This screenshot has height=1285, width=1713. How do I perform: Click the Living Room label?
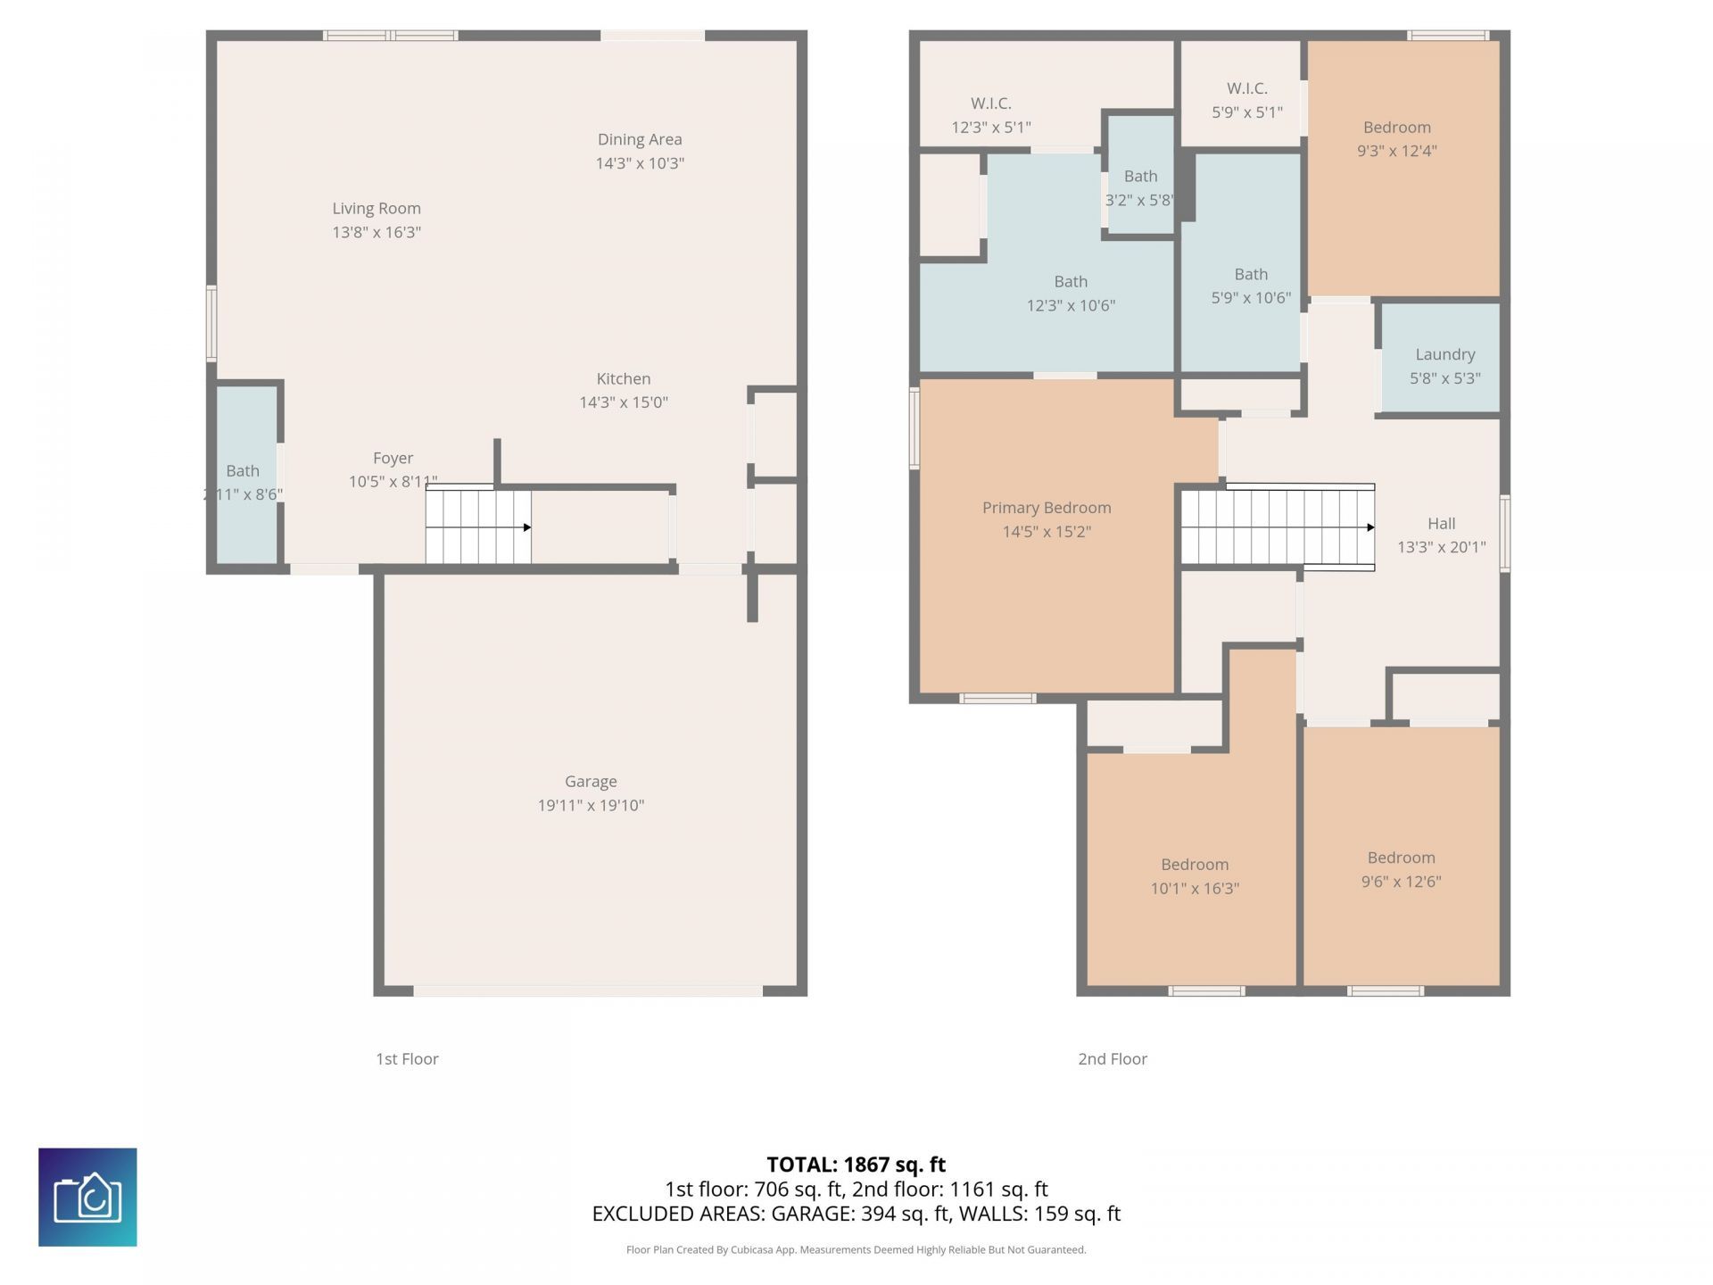tap(376, 208)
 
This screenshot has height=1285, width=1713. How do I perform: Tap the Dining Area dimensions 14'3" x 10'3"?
tap(640, 163)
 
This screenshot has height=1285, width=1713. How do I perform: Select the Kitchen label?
tap(623, 378)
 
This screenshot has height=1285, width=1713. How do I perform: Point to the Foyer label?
tap(393, 458)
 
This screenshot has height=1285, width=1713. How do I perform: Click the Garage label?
tap(590, 781)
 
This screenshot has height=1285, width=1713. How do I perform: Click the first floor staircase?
tap(477, 526)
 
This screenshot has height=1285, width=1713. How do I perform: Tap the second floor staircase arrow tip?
tap(1370, 527)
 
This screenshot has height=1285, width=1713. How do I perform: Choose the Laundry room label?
tap(1444, 354)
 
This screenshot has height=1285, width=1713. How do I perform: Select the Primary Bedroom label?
tap(1046, 508)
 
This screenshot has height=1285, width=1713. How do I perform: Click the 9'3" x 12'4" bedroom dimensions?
tap(1396, 151)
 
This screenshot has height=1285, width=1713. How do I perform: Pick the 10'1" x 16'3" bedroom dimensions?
tap(1194, 888)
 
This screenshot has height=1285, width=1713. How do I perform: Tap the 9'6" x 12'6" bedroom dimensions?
tap(1401, 882)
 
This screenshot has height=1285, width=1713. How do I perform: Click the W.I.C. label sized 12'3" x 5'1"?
tap(990, 104)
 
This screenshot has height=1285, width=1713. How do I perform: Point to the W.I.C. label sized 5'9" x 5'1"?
tap(1246, 88)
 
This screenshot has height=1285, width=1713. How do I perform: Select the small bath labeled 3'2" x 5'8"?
tap(1140, 177)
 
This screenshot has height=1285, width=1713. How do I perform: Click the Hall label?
tap(1441, 524)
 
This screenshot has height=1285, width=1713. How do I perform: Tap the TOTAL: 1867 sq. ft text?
tap(856, 1164)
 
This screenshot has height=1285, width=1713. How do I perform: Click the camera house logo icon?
tap(87, 1197)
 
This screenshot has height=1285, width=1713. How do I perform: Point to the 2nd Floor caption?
tap(1112, 1058)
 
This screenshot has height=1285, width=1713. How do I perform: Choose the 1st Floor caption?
tap(407, 1058)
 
